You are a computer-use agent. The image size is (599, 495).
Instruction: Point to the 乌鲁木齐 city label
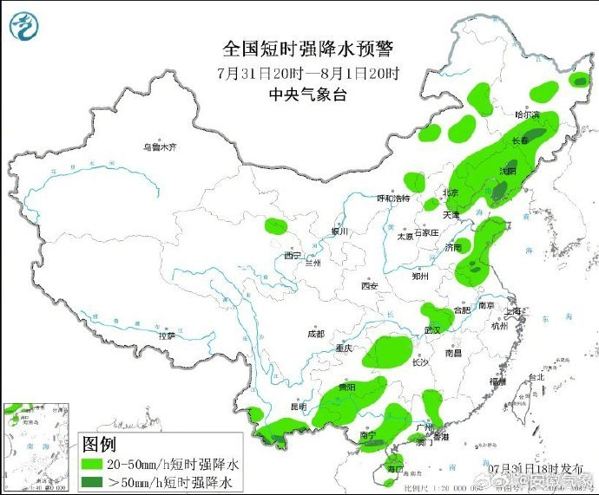click(x=160, y=147)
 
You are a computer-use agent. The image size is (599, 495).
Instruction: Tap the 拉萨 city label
click(x=167, y=335)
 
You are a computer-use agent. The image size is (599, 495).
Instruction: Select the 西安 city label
click(x=370, y=286)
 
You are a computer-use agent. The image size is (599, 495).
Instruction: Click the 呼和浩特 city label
click(x=392, y=199)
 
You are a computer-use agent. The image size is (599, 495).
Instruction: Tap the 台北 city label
click(x=536, y=377)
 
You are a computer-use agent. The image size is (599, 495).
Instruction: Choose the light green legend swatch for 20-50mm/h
click(x=91, y=464)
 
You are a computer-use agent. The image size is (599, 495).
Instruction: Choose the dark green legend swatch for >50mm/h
click(x=91, y=481)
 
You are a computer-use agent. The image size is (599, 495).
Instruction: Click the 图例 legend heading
click(x=99, y=445)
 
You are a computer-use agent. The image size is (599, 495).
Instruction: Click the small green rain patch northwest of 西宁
click(x=275, y=227)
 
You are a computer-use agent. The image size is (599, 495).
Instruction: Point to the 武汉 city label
click(x=432, y=330)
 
